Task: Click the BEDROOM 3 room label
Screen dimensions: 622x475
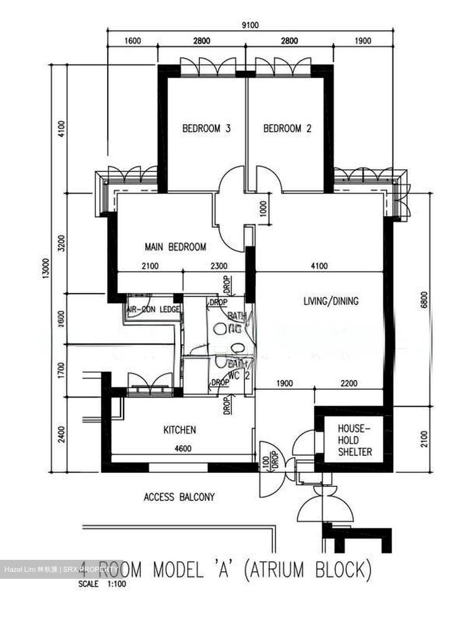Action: coord(206,128)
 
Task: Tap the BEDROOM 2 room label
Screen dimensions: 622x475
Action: coord(287,128)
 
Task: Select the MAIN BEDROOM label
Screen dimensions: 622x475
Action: coord(175,247)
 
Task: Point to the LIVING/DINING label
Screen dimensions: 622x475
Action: coord(331,301)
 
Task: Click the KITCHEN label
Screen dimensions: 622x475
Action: coord(179,430)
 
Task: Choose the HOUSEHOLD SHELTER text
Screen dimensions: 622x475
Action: coord(354,440)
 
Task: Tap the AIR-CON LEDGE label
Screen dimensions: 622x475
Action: coord(153,310)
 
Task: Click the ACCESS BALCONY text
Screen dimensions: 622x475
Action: coord(179,497)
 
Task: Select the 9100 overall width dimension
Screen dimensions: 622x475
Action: coord(250,25)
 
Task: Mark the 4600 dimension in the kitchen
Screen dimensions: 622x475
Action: coord(182,449)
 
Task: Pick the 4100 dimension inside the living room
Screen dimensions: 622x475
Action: coord(319,266)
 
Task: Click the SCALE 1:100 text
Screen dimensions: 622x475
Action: coord(102,584)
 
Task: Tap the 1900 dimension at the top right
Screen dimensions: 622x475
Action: coord(363,41)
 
